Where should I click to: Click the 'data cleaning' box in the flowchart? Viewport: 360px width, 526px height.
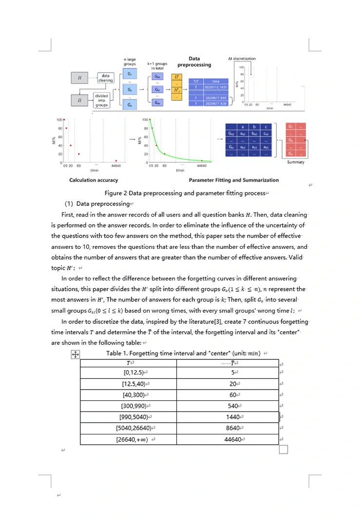(105, 78)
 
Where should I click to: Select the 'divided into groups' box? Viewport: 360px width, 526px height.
(101, 100)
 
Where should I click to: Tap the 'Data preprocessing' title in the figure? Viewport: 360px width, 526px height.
(194, 62)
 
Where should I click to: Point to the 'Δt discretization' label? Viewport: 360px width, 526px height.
(242, 59)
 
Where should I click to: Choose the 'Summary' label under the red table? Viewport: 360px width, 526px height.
(295, 162)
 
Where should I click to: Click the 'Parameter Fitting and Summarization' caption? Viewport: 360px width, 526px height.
(234, 180)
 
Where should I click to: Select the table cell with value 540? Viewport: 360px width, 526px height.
(233, 406)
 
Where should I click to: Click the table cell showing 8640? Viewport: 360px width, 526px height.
(233, 428)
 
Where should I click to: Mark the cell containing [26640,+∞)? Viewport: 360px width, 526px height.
(135, 439)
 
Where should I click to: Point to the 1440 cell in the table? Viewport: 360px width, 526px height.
(233, 417)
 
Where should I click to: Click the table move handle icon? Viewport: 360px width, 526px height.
(76, 355)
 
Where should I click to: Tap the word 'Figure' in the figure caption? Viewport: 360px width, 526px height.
(114, 193)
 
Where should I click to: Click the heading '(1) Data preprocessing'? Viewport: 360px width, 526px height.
(97, 204)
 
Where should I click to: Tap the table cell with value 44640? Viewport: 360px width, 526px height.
(233, 439)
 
